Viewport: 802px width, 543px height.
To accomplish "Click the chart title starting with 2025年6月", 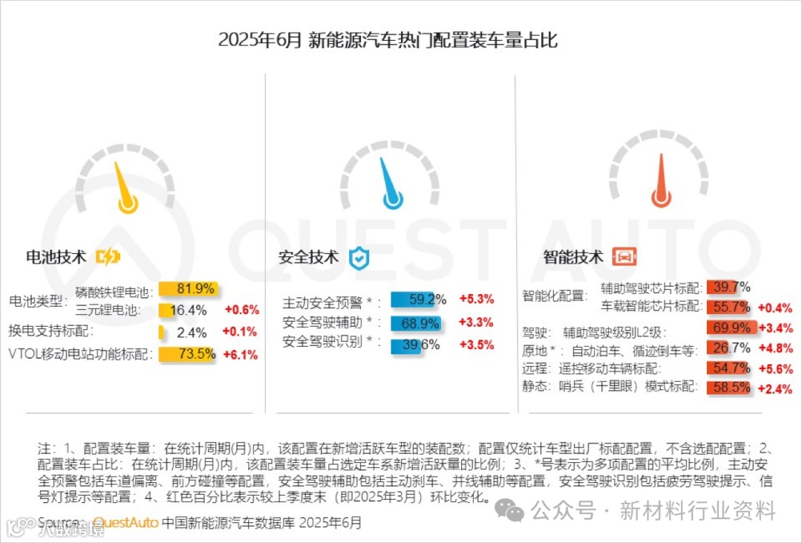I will click(x=387, y=39).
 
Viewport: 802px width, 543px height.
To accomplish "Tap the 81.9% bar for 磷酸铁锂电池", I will click(x=186, y=289).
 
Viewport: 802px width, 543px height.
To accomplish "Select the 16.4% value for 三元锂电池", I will click(x=189, y=310).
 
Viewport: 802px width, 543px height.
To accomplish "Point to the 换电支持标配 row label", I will click(x=50, y=331).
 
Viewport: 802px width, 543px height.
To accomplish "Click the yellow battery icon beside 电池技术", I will click(x=108, y=257).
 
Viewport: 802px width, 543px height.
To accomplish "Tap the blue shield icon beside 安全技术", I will click(x=359, y=258).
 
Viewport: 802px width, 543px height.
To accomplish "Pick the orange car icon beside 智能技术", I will click(x=624, y=258).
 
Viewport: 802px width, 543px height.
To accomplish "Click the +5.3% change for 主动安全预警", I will click(x=476, y=299).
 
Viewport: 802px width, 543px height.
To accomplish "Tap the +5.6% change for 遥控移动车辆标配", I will click(x=775, y=368).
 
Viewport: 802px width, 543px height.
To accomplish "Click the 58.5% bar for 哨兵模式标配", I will click(x=728, y=387).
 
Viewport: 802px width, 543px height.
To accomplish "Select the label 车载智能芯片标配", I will click(x=651, y=306).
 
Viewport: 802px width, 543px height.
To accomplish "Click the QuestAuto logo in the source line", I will click(x=126, y=523).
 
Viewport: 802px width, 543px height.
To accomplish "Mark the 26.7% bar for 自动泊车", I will click(x=720, y=348).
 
